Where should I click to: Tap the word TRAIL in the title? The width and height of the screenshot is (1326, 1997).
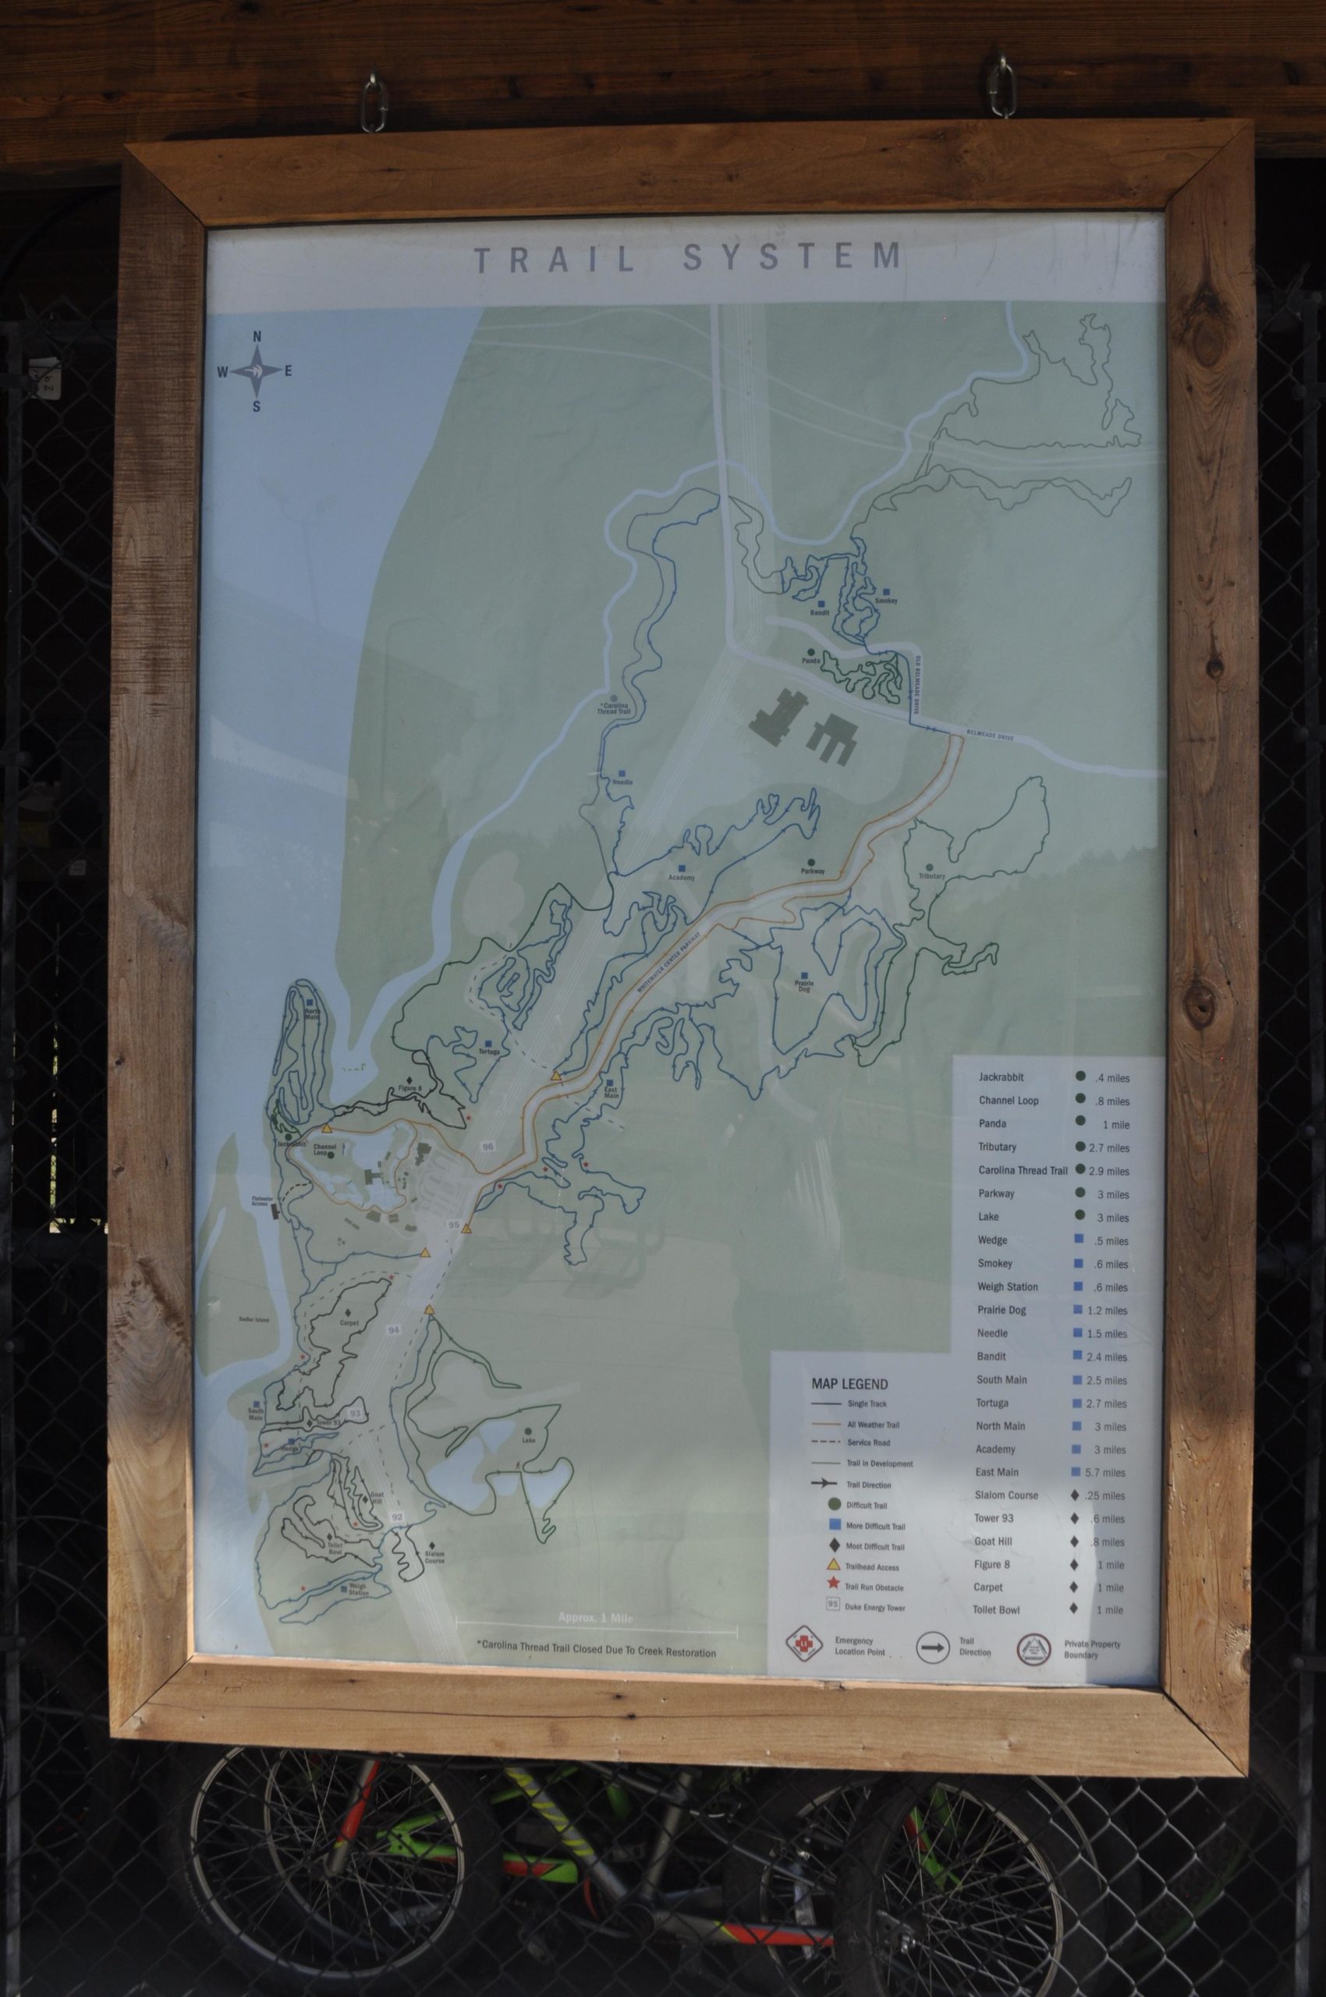point(555,259)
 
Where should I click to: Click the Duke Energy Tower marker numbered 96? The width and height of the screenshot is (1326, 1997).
point(487,1145)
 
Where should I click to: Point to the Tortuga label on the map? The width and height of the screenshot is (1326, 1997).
point(489,1052)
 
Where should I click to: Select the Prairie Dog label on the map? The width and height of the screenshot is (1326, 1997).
point(803,985)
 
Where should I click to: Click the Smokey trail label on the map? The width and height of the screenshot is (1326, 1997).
point(886,601)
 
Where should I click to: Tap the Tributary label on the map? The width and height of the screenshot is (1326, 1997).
point(932,875)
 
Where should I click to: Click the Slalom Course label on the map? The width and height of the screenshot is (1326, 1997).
point(434,1555)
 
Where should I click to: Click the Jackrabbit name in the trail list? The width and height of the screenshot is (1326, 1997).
point(1002,1077)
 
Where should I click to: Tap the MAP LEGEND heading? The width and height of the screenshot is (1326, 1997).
point(849,1385)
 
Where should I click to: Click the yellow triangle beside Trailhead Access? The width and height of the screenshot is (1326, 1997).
point(833,1564)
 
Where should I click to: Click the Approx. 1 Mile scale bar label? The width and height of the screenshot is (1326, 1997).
point(595,1618)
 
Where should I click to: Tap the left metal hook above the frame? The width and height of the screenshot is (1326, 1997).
point(371,101)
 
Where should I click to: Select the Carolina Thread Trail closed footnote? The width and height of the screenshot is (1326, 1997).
point(595,1652)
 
